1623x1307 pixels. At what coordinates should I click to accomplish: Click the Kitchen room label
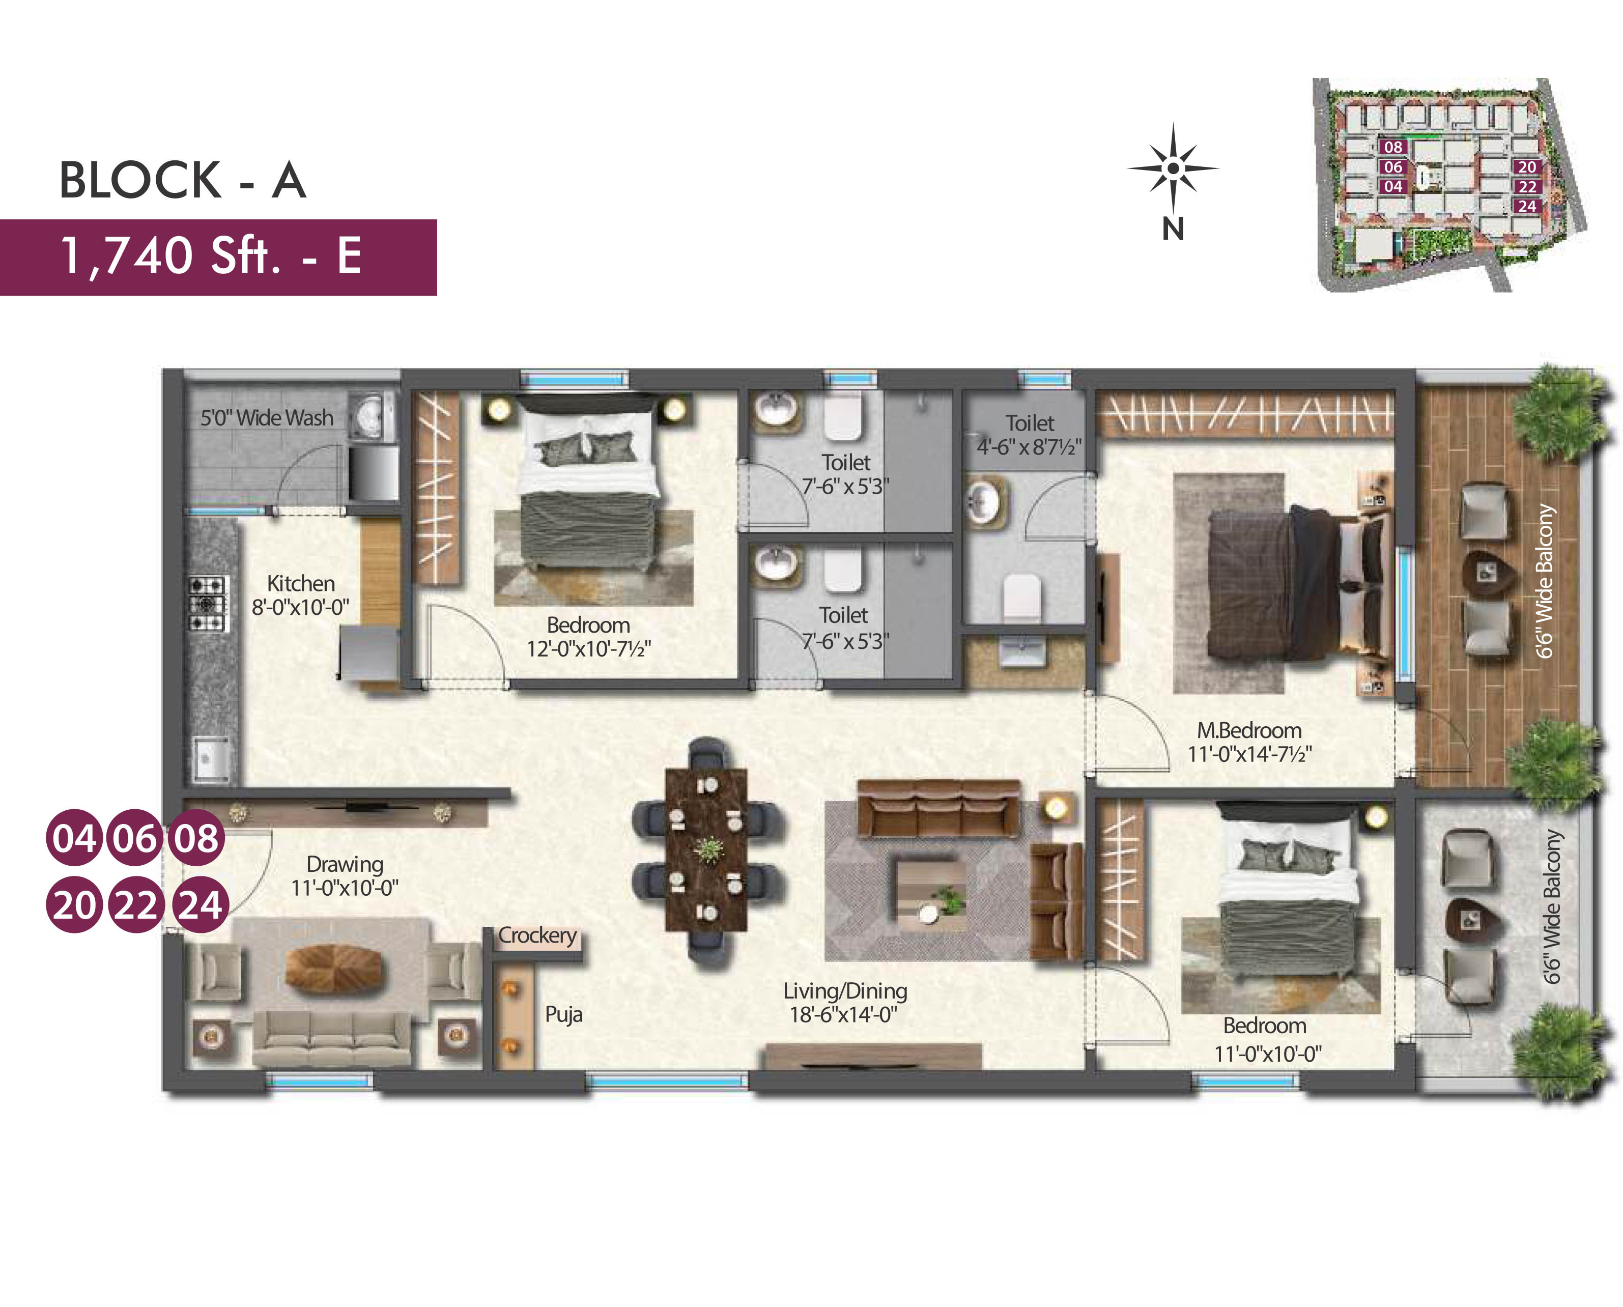300,583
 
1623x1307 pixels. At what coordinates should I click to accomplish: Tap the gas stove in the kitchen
206,603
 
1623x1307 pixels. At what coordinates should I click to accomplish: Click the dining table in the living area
706,850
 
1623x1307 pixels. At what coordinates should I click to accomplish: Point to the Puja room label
564,1015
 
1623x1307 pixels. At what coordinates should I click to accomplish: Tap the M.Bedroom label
1249,730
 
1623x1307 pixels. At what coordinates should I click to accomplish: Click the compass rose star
1173,168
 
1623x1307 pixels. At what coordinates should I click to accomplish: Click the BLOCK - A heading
183,181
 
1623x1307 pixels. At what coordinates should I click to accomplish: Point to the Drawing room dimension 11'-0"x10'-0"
345,889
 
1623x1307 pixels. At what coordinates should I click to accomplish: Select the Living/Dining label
845,991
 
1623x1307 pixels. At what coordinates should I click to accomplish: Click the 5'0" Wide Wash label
267,418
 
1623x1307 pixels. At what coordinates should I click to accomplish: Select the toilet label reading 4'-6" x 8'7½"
1029,447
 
